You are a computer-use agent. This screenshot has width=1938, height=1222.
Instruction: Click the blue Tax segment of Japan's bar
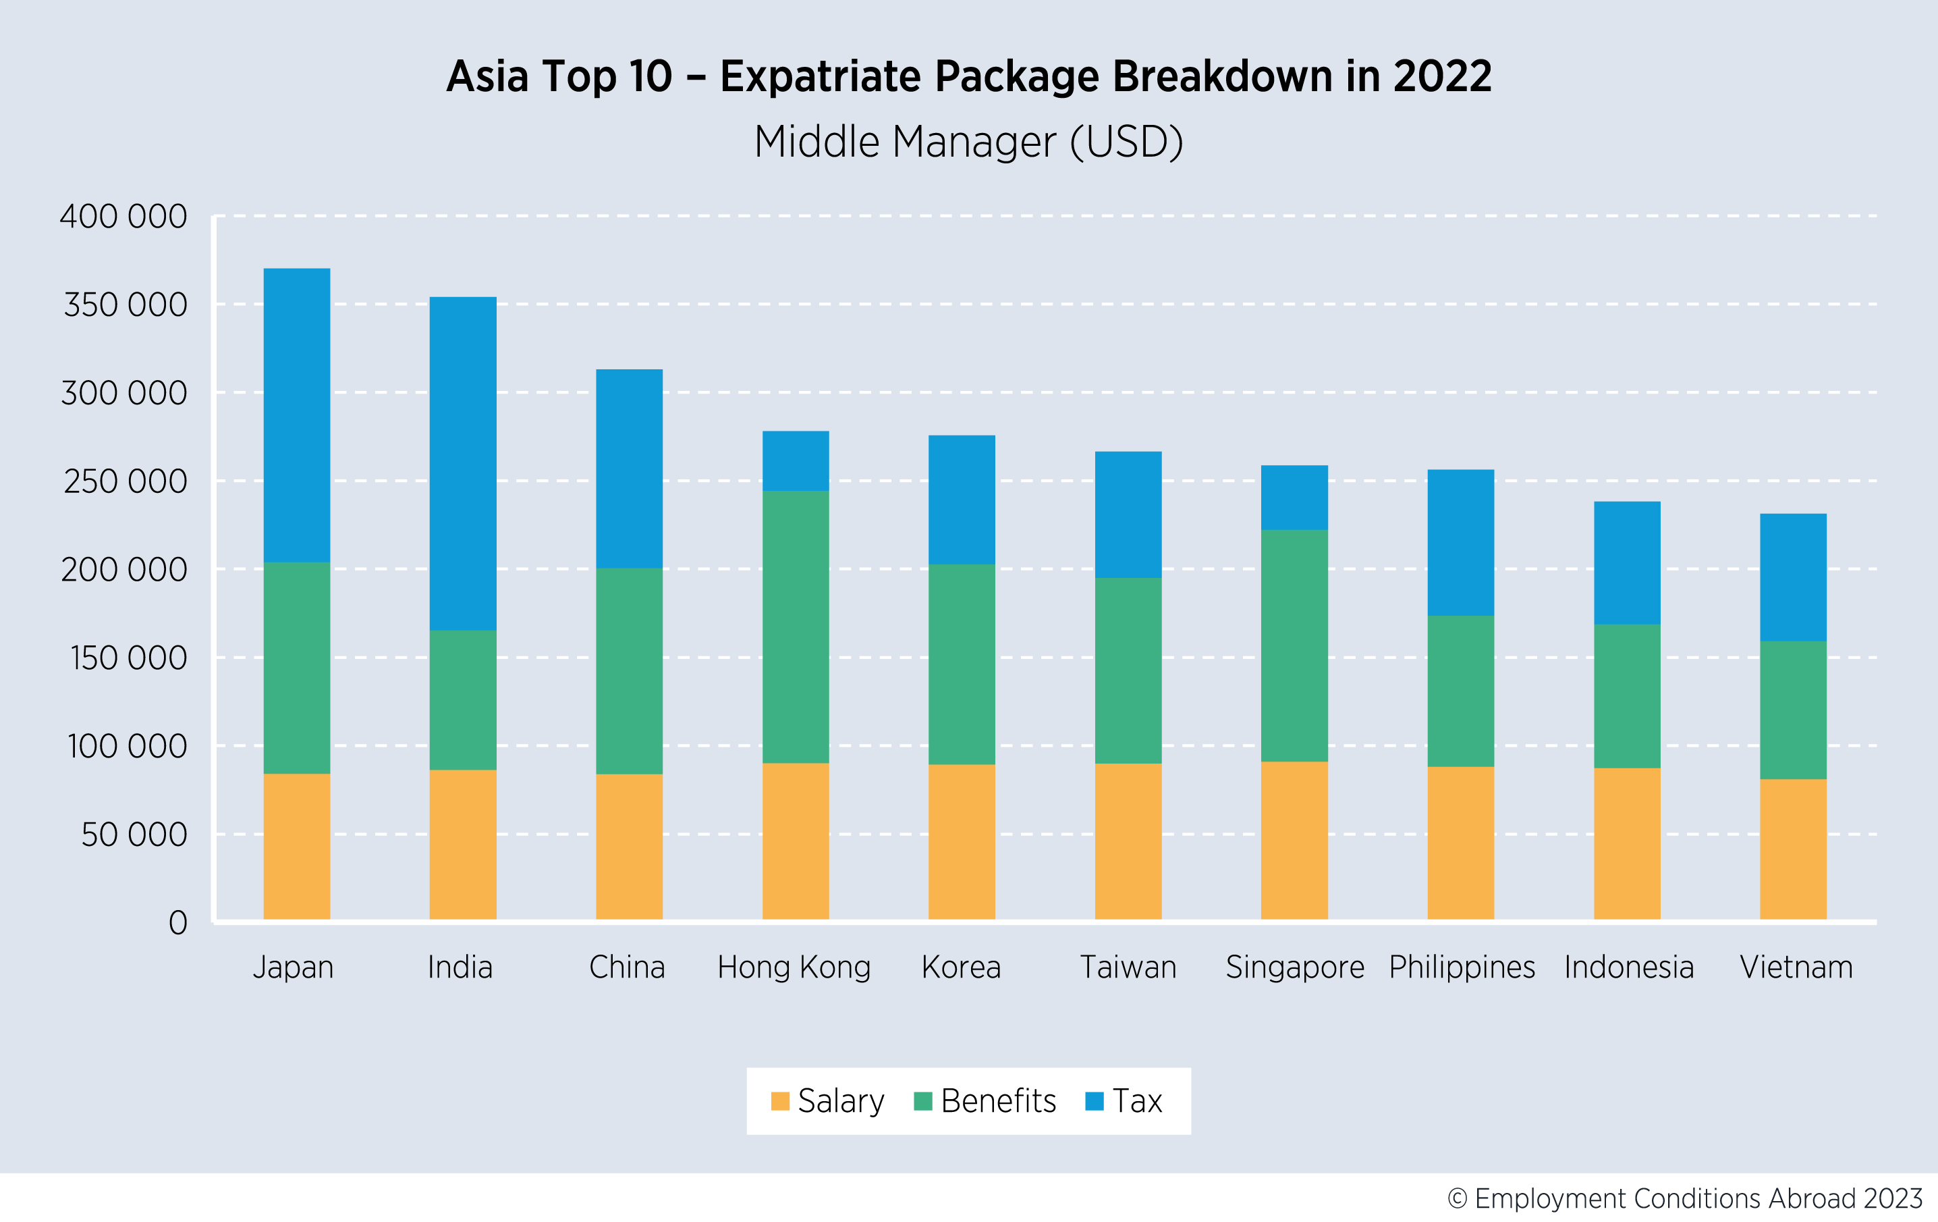pyautogui.click(x=296, y=415)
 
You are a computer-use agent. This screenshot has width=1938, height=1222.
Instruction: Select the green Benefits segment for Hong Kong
pyautogui.click(x=795, y=627)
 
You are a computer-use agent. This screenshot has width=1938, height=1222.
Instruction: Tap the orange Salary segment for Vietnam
pyautogui.click(x=1792, y=849)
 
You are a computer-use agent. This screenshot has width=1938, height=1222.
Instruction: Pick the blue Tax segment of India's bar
pyautogui.click(x=463, y=463)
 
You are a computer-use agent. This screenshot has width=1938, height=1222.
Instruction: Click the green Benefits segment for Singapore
pyautogui.click(x=1294, y=645)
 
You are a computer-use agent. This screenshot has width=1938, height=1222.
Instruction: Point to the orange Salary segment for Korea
pyautogui.click(x=961, y=841)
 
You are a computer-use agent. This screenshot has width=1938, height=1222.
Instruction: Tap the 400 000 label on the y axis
pyautogui.click(x=123, y=217)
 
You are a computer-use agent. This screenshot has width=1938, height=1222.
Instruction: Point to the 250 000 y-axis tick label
pyautogui.click(x=125, y=481)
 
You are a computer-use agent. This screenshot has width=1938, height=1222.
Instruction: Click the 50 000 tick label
pyautogui.click(x=134, y=834)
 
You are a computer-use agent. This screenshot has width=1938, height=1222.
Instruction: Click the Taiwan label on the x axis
pyautogui.click(x=1128, y=967)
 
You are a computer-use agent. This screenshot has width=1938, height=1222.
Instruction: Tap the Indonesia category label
pyautogui.click(x=1628, y=967)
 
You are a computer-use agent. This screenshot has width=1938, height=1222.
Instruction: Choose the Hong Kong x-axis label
pyautogui.click(x=794, y=967)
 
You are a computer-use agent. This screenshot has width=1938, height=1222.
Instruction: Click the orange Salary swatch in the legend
pyautogui.click(x=779, y=1100)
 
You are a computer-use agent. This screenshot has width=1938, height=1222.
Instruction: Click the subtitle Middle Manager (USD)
pyautogui.click(x=968, y=142)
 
